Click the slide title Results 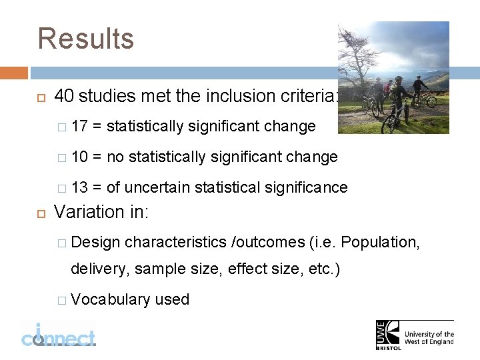(x=86, y=39)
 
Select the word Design (x=95, y=241)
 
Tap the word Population (x=381, y=241)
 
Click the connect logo (x=58, y=334)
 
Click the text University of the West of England (x=430, y=337)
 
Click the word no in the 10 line (x=115, y=157)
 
